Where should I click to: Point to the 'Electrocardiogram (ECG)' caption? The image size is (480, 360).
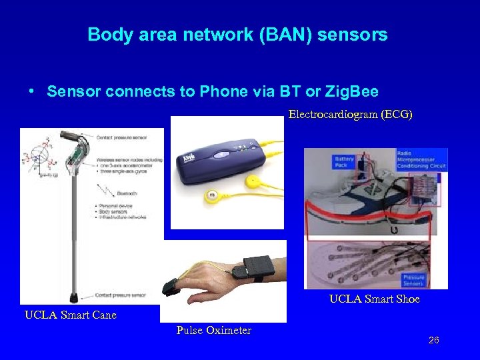(x=350, y=115)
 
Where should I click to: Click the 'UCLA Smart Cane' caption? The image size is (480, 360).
(x=70, y=315)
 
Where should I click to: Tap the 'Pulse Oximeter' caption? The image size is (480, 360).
(x=214, y=331)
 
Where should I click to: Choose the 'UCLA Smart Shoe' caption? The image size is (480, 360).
(x=374, y=299)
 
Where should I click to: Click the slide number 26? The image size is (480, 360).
(x=433, y=341)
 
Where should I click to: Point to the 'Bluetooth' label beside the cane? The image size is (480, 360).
(x=127, y=193)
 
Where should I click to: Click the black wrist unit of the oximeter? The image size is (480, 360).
(x=257, y=267)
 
